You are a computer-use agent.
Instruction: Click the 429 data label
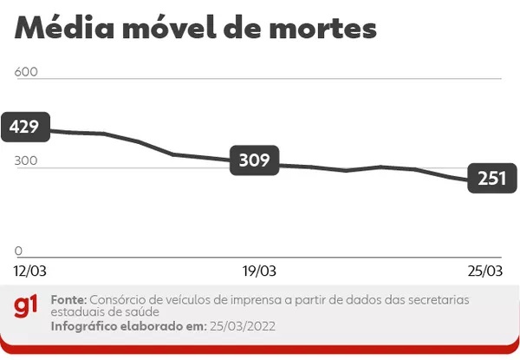pos(24,128)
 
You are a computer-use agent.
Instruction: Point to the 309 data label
pos(254,160)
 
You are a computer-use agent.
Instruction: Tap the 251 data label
pos(491,178)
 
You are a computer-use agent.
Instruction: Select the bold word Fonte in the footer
pos(68,298)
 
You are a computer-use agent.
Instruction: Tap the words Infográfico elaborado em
pos(127,326)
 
